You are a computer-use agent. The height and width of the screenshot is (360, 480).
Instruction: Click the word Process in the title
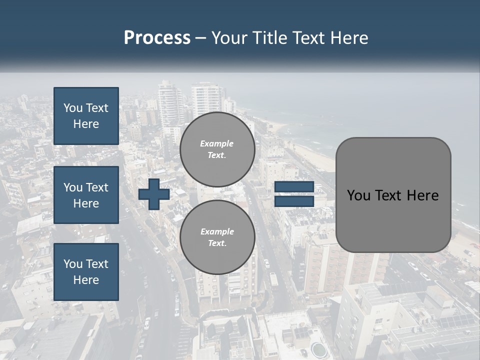(157, 38)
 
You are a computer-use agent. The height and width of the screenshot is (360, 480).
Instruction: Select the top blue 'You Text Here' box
(86, 116)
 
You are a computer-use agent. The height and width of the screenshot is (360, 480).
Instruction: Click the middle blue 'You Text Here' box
(86, 195)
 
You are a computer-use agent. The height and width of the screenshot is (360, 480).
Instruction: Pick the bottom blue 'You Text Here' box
(86, 271)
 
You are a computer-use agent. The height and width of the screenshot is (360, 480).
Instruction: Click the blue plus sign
(154, 194)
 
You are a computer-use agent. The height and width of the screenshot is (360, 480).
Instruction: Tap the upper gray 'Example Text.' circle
(217, 149)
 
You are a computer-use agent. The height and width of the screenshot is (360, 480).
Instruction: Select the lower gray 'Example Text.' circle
(217, 237)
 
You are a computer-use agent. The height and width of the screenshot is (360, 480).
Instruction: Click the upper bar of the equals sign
(294, 187)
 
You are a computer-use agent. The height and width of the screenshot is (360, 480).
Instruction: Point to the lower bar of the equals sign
(294, 201)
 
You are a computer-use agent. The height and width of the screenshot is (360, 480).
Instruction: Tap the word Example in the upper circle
(217, 143)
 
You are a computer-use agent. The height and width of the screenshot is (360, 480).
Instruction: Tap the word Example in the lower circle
(217, 231)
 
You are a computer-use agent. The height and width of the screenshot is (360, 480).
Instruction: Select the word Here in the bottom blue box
(86, 280)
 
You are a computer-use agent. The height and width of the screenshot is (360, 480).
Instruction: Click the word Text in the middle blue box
(97, 187)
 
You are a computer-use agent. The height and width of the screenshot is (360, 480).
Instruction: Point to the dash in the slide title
(201, 38)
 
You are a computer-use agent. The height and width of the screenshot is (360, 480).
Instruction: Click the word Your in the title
(229, 38)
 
